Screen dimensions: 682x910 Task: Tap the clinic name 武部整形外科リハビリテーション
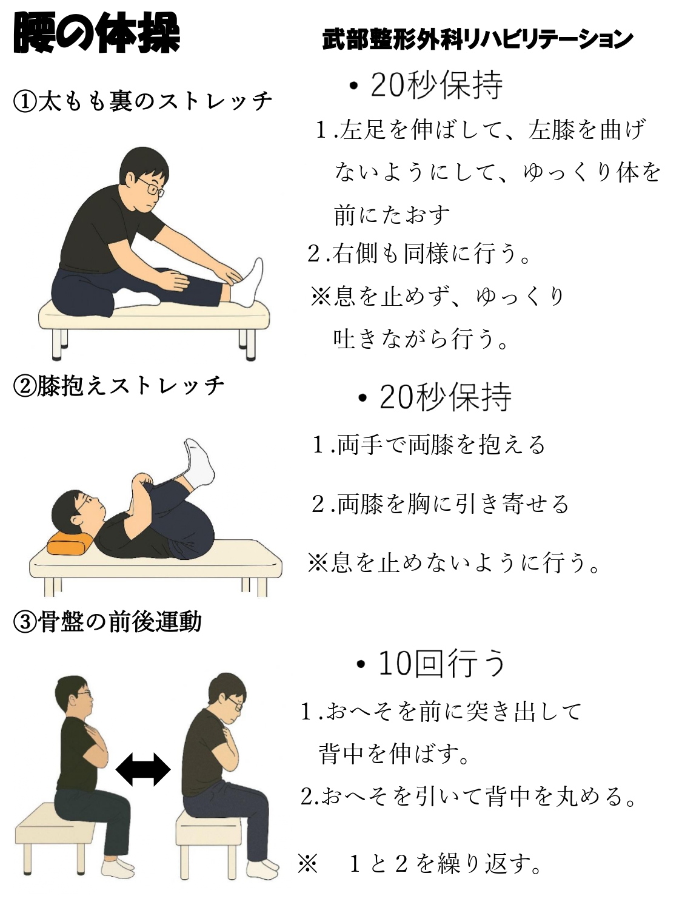(478, 40)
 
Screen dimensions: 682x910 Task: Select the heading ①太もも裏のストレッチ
(143, 101)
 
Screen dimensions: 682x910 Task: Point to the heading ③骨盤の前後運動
(107, 622)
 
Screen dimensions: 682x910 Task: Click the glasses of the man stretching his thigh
(152, 187)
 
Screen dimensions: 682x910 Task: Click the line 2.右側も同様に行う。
(419, 254)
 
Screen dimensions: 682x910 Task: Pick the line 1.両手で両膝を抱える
(429, 445)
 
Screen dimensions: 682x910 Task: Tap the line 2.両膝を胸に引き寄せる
(441, 504)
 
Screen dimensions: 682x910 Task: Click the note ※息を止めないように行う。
(455, 563)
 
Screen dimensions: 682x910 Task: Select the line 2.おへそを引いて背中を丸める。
(469, 796)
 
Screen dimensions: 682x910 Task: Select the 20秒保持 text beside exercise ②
(436, 397)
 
